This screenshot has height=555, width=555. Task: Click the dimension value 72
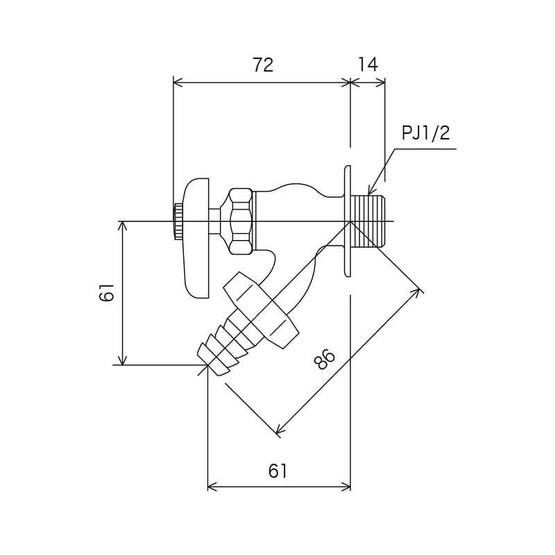click(x=263, y=65)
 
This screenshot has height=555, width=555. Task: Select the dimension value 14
click(x=368, y=65)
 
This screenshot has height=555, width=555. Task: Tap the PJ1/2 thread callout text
click(x=425, y=133)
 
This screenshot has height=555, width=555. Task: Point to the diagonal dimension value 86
click(x=324, y=360)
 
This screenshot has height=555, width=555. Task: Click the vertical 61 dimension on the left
click(x=106, y=293)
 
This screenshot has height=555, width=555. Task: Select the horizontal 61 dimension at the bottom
click(x=277, y=471)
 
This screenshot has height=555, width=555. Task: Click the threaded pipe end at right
click(x=368, y=221)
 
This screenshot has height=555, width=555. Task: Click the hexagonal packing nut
click(x=240, y=221)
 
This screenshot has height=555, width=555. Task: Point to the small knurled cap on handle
click(x=178, y=221)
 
